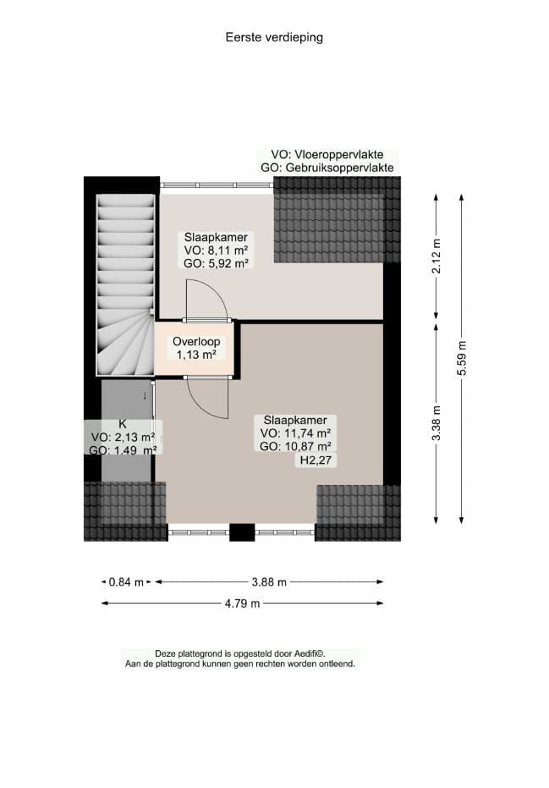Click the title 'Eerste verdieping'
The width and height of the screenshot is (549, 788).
pyautogui.click(x=274, y=37)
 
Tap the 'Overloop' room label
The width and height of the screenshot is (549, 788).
pyautogui.click(x=196, y=342)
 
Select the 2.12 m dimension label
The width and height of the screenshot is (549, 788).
pyautogui.click(x=436, y=257)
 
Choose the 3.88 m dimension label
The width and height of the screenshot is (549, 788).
pyautogui.click(x=269, y=581)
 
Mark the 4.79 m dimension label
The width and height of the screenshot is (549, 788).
pyautogui.click(x=242, y=603)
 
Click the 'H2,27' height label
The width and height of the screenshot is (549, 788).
pyautogui.click(x=313, y=461)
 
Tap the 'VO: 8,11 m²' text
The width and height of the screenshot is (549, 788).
pyautogui.click(x=216, y=251)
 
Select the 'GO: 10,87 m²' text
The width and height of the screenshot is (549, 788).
pyautogui.click(x=295, y=446)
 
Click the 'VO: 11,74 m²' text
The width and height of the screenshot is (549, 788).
pyautogui.click(x=295, y=433)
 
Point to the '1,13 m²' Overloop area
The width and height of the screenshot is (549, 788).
pyautogui.click(x=196, y=355)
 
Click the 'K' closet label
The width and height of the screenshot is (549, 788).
pyautogui.click(x=123, y=424)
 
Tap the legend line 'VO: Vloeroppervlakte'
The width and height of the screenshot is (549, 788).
pyautogui.click(x=327, y=155)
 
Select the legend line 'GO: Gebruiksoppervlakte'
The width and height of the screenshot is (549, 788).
pyautogui.click(x=327, y=168)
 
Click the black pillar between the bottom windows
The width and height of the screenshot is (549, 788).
pyautogui.click(x=243, y=532)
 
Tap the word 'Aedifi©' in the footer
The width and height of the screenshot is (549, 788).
pyautogui.click(x=309, y=653)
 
